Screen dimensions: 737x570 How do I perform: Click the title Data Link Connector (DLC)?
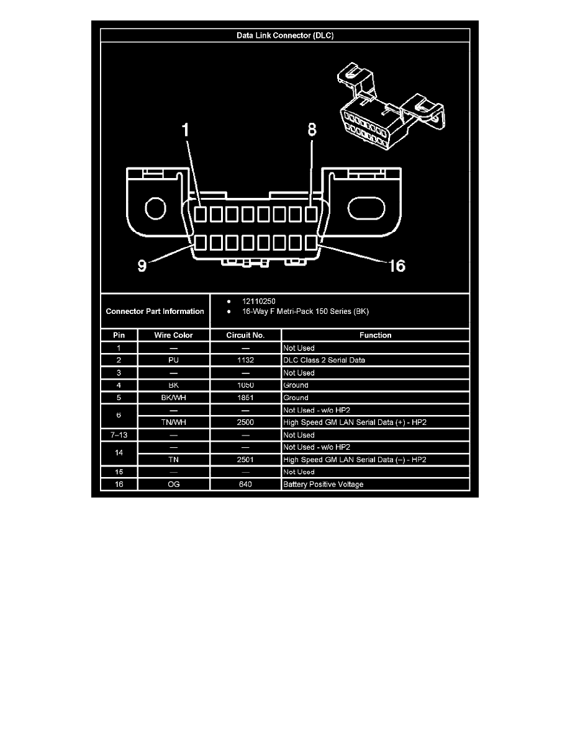point(285,35)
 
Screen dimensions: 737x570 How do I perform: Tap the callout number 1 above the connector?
point(184,131)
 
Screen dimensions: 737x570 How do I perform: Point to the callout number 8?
point(312,130)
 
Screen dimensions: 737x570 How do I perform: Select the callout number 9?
point(142,266)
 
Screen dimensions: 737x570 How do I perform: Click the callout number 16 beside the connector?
point(396,266)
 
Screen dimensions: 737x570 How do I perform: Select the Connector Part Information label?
point(155,311)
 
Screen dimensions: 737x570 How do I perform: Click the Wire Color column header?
point(174,335)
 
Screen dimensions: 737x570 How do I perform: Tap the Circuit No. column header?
point(246,335)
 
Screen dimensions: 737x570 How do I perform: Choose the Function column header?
point(376,335)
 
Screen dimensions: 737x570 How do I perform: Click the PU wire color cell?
point(174,360)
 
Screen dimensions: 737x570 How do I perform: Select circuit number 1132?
point(246,360)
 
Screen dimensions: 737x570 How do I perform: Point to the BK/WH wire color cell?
point(174,398)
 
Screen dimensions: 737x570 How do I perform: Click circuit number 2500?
point(246,422)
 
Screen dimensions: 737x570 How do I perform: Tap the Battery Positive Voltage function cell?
point(323,485)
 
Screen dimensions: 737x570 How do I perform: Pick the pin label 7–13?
point(119,435)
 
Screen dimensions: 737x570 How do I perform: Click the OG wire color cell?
point(174,485)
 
